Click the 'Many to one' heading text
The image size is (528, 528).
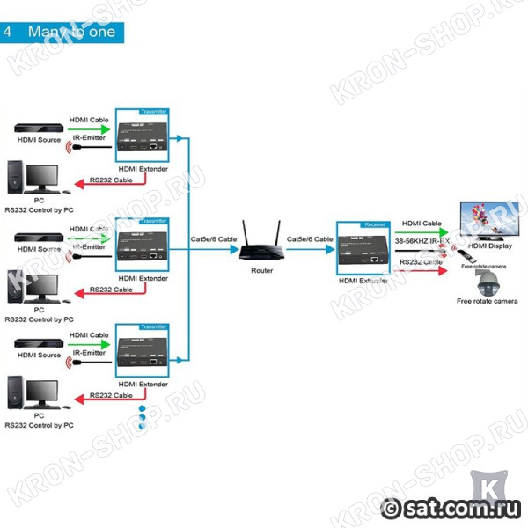tap(77, 32)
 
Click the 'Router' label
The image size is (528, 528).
tap(260, 270)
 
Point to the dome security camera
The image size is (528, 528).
tap(486, 283)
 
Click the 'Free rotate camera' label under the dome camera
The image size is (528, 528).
tap(487, 301)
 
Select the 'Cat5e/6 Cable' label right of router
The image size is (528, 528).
tap(310, 239)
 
